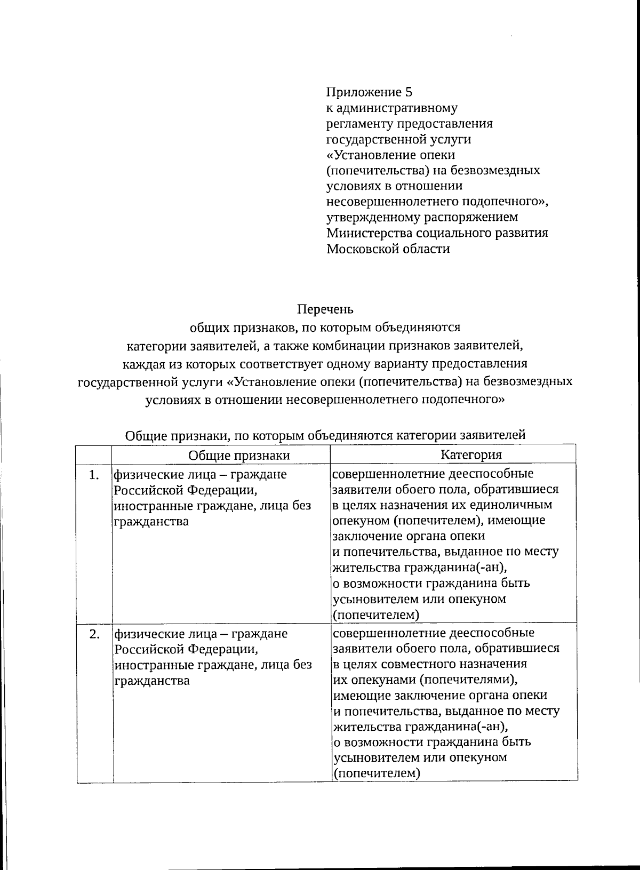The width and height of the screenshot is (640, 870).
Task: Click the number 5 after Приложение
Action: point(409,92)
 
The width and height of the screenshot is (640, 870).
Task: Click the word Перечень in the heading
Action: point(325,309)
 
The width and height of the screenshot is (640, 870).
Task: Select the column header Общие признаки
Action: point(239,455)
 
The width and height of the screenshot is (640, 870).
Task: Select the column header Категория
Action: point(471,454)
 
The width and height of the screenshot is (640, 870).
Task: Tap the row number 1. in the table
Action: point(94,475)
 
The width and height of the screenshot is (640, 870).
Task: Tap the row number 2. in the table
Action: point(94,634)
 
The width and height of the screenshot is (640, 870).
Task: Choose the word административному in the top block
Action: point(392,108)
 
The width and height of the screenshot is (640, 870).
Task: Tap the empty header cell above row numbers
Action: point(94,455)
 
